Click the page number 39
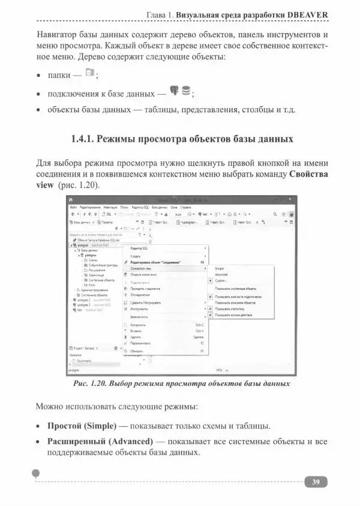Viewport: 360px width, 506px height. coord(316,482)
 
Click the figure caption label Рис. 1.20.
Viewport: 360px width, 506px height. coord(89,383)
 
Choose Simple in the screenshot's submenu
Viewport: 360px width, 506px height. coord(220,268)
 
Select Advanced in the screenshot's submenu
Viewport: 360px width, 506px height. coord(221,274)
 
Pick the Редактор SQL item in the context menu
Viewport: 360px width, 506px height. coord(140,248)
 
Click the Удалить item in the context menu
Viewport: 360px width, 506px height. coord(136,337)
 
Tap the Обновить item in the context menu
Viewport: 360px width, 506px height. coord(137,351)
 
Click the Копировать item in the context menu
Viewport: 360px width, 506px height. coord(138,325)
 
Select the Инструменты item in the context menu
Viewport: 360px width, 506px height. coord(140,309)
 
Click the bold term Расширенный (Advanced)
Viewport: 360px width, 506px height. coord(97,442)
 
